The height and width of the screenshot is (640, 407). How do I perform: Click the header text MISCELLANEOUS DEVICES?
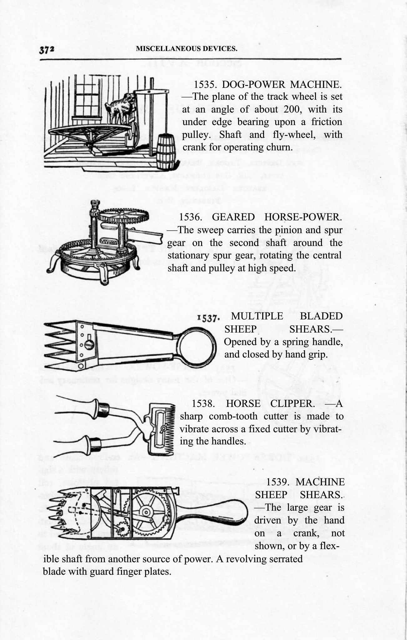186,49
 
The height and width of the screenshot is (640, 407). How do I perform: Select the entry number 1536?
190,217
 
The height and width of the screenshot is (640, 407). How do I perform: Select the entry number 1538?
203,404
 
